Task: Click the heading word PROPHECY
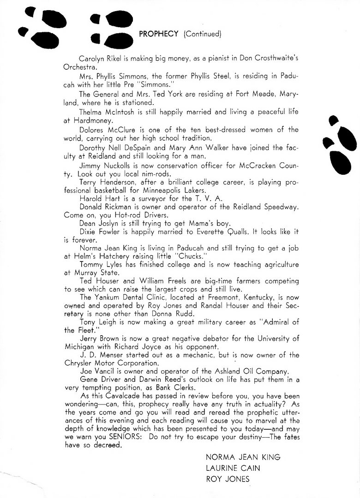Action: click(x=158, y=33)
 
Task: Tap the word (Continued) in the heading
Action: click(x=203, y=33)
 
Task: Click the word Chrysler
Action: click(x=79, y=363)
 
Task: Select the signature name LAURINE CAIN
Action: click(x=233, y=468)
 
